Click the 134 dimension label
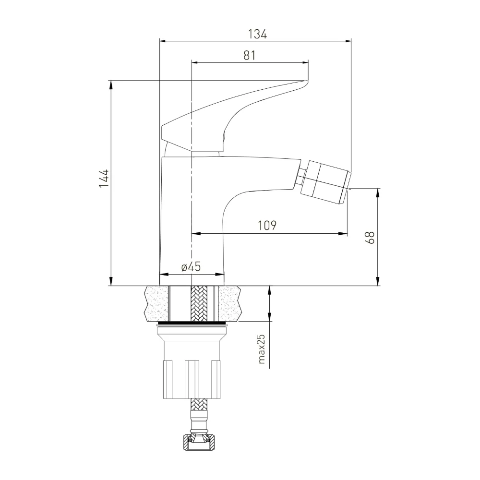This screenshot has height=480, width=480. (257, 34)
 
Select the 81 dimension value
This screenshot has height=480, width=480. (250, 55)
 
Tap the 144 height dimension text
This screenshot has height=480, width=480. (104, 178)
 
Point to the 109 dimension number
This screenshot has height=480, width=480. (267, 225)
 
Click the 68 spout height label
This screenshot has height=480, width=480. (370, 238)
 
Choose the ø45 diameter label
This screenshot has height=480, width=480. (191, 266)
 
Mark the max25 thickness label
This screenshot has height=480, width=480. (261, 348)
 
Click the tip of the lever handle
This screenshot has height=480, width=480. (307, 82)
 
